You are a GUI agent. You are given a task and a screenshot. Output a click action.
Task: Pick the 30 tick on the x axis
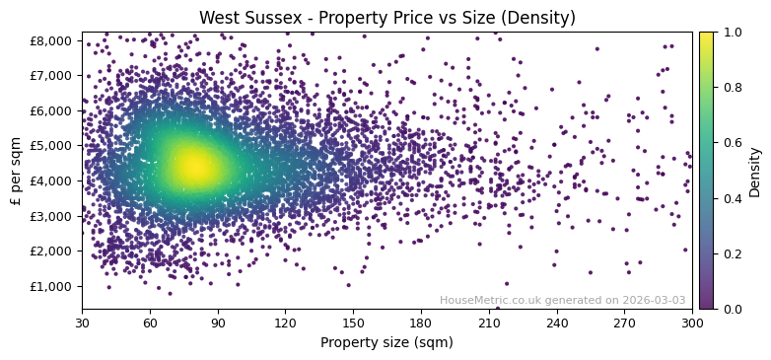(82, 323)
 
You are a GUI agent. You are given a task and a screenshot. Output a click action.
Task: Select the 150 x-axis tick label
(353, 323)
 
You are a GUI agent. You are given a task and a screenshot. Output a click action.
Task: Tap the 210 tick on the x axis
(489, 323)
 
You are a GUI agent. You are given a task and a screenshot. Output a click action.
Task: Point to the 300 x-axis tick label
(692, 323)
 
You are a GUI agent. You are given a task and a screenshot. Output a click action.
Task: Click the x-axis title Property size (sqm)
(386, 342)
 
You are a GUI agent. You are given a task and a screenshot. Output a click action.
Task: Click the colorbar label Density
(754, 171)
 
